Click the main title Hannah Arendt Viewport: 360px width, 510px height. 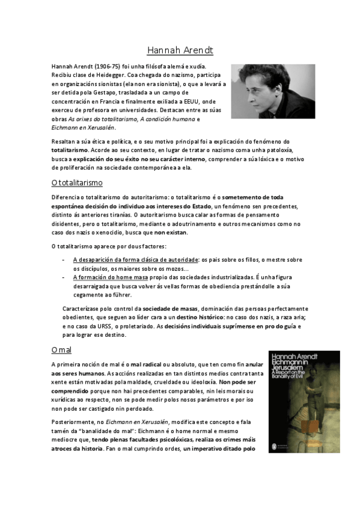[x=180, y=50]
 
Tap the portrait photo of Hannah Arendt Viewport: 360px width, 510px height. [x=273, y=91]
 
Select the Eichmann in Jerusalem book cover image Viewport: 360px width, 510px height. [x=304, y=402]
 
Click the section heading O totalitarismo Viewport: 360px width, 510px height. [x=77, y=182]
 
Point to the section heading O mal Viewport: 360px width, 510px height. [x=61, y=349]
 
